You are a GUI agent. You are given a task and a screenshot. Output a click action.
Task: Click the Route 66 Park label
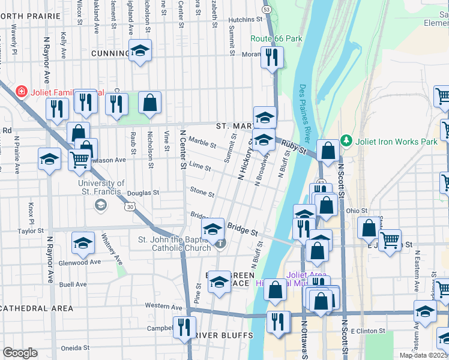coord(276,39)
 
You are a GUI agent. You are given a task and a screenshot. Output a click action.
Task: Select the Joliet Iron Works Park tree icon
coord(346,141)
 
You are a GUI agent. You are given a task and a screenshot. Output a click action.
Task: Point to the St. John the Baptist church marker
coord(221,243)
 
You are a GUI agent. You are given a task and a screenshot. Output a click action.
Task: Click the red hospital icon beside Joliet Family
coord(22,92)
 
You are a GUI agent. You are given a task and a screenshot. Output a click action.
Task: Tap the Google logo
coord(20,353)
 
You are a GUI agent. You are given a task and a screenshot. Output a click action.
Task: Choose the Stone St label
coord(202,193)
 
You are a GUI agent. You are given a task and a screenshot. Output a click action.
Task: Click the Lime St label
coord(199,169)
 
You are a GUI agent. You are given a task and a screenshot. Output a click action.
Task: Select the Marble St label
coord(202,142)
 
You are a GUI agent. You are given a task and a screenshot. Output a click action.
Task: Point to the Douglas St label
coord(146,193)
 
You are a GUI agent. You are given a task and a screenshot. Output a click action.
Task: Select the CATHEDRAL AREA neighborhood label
coord(37,308)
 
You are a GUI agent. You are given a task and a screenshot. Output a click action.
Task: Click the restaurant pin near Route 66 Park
coord(272,58)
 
